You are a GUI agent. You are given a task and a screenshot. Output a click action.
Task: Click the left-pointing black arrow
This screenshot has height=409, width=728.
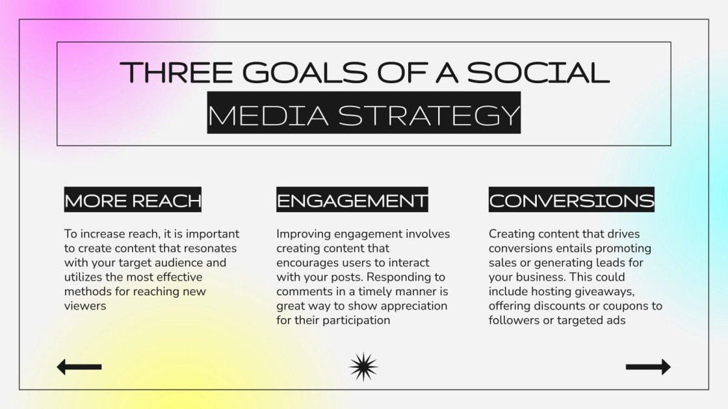point(79,367)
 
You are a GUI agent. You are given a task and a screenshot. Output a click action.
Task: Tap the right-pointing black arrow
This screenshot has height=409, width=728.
point(648,367)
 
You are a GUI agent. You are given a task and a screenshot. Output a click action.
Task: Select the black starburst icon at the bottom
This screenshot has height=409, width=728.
point(363,367)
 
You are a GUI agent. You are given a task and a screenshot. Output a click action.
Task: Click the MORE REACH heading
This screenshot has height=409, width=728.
point(133,201)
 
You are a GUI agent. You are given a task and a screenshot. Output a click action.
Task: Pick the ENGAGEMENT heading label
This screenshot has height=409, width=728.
point(352,201)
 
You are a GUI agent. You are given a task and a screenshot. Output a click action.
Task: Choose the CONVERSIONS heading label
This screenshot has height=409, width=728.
point(571,201)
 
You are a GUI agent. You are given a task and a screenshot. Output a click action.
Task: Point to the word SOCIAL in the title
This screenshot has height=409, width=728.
point(538,72)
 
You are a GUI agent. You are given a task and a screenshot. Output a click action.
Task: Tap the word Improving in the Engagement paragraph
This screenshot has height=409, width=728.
point(304,234)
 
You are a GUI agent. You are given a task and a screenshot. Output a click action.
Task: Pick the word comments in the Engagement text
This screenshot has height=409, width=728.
point(304,291)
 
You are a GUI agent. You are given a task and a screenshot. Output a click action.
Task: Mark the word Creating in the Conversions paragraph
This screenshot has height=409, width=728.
point(512,234)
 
